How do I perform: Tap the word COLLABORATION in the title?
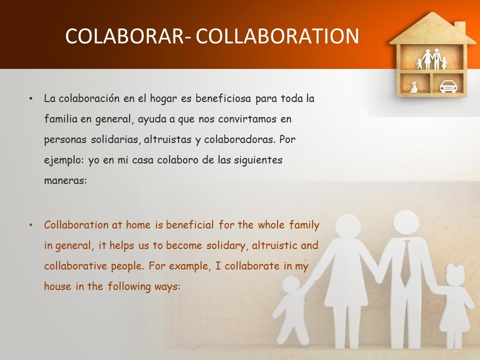pos(277,36)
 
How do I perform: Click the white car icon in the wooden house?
pos(448,86)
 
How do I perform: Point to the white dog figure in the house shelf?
pos(414,87)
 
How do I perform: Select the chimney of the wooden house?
pos(459,27)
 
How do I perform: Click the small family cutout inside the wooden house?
pos(431,59)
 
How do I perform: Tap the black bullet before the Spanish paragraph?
pos(30,99)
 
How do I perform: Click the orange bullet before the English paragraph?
pos(30,225)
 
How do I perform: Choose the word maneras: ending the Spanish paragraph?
pos(65,180)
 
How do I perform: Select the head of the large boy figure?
pos(291,285)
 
